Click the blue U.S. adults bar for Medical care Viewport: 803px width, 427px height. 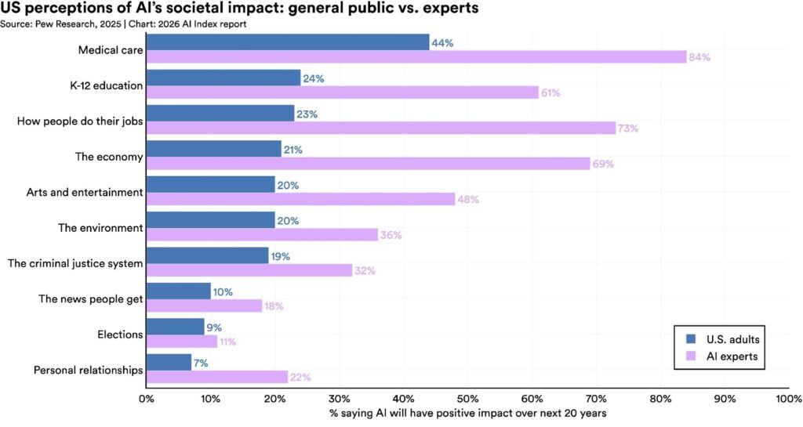click(287, 42)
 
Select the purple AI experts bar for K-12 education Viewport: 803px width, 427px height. click(342, 92)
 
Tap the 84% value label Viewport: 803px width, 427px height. click(699, 57)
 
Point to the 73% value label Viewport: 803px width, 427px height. click(628, 128)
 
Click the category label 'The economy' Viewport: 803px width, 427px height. click(109, 157)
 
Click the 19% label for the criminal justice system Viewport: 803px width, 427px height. click(280, 256)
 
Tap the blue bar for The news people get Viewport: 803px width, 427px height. click(178, 291)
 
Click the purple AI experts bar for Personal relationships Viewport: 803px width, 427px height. click(216, 377)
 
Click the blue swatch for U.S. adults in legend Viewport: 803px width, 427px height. click(691, 339)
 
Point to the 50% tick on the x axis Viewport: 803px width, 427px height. click(467, 398)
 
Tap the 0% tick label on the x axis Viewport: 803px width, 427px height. click(146, 398)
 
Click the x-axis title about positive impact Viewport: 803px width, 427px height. click(467, 413)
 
